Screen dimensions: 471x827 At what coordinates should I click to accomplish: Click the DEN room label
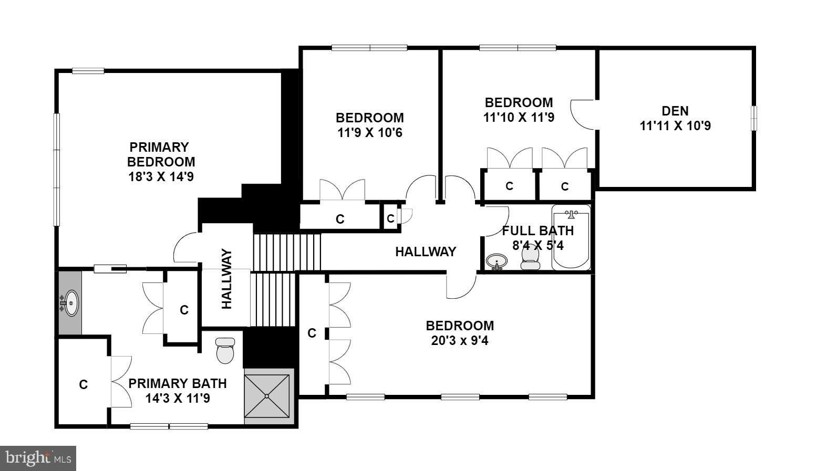click(675, 111)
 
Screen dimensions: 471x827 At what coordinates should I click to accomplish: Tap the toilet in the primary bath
click(225, 351)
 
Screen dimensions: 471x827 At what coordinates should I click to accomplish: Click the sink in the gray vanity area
click(70, 303)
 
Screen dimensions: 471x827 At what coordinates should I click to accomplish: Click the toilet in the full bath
click(531, 257)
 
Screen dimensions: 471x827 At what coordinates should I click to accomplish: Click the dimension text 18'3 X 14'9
click(161, 177)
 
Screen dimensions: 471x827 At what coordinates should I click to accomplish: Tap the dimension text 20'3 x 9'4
click(460, 341)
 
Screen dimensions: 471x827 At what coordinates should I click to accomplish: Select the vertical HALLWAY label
click(226, 279)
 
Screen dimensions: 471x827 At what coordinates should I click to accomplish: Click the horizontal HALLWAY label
click(426, 252)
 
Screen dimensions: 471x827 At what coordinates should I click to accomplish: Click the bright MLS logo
click(38, 458)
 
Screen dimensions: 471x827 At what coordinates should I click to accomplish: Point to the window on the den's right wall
click(753, 118)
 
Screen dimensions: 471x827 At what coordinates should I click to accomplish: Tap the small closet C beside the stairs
click(390, 218)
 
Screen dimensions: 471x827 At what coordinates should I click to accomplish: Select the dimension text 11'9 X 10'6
click(370, 133)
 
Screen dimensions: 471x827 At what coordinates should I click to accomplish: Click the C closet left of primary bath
click(83, 385)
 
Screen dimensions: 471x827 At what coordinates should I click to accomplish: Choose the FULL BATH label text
click(537, 231)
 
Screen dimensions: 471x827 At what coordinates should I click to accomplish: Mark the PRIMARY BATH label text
click(178, 383)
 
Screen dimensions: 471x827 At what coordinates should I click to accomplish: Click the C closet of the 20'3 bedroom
click(312, 333)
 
